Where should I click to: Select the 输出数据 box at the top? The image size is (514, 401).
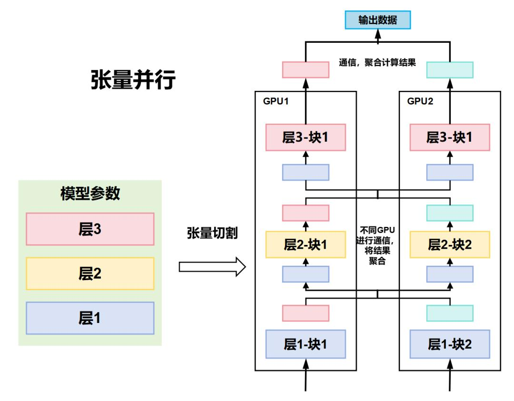[x=377, y=20]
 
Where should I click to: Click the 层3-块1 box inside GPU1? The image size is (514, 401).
[x=306, y=137]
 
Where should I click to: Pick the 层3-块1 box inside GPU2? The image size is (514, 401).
[x=450, y=137]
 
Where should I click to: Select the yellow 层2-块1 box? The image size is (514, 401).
[x=306, y=245]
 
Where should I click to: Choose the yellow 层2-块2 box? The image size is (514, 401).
[x=450, y=245]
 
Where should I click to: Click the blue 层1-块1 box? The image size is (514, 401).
[x=306, y=343]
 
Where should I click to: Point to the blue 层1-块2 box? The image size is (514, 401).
[x=450, y=343]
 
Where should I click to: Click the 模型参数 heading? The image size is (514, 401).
[x=90, y=194]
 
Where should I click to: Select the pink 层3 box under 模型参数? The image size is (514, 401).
[x=90, y=229]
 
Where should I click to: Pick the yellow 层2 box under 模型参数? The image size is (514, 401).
[x=90, y=274]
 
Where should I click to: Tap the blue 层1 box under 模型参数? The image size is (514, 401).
[x=90, y=318]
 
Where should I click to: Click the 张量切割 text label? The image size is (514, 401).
[x=212, y=233]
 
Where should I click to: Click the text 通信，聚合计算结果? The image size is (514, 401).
[x=377, y=62]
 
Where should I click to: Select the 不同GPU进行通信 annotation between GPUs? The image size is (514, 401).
[x=377, y=245]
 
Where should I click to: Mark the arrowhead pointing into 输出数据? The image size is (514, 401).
[x=377, y=35]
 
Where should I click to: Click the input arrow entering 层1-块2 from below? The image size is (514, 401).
[x=450, y=376]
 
